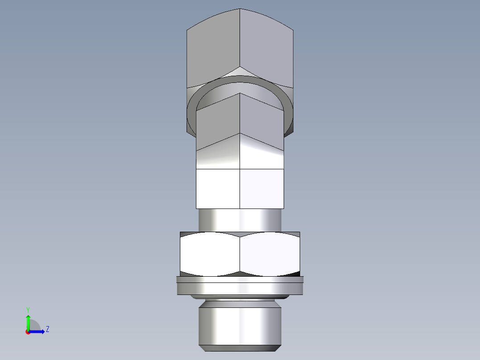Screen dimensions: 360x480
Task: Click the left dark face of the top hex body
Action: (x=213, y=49)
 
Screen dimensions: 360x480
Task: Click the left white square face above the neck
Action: (x=218, y=188)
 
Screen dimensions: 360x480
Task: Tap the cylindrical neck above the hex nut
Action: (x=240, y=220)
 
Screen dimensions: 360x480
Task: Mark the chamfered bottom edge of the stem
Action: (x=240, y=347)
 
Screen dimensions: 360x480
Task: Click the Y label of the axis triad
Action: (x=28, y=309)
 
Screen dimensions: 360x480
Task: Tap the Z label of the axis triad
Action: (x=48, y=330)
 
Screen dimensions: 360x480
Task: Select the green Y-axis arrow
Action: (x=28, y=321)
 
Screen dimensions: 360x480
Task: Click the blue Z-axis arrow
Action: (x=38, y=331)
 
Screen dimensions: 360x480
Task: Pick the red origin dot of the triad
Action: (x=28, y=332)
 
